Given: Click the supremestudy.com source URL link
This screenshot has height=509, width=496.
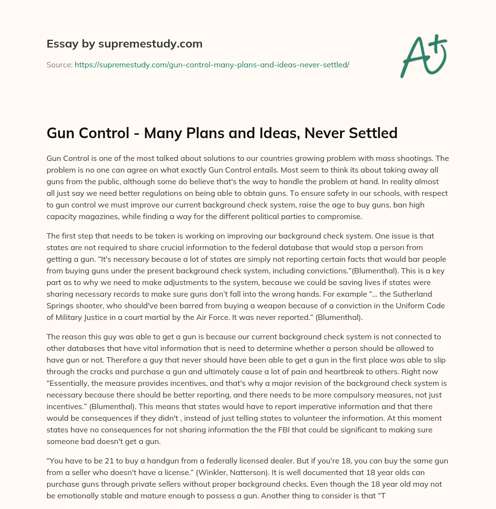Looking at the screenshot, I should [212, 64].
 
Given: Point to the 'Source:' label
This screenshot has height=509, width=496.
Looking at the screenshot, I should [60, 64].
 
